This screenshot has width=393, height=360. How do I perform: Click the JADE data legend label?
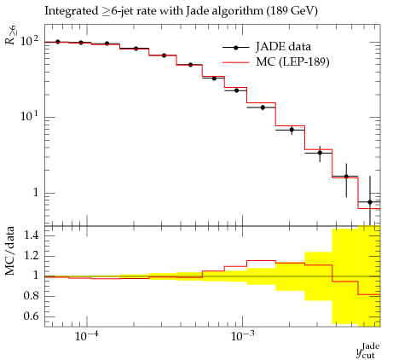click(x=283, y=46)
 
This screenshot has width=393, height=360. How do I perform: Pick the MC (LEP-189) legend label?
click(x=292, y=61)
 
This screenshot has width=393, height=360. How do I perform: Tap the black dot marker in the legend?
click(x=235, y=48)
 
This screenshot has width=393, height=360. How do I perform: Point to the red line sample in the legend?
click(x=236, y=62)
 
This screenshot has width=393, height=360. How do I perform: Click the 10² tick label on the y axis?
click(x=30, y=41)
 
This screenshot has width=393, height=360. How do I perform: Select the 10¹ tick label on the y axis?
click(x=30, y=116)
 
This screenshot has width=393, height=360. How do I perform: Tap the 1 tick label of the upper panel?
click(x=36, y=193)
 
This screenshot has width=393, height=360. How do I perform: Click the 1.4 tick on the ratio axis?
click(x=31, y=235)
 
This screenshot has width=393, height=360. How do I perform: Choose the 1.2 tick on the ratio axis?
click(x=31, y=255)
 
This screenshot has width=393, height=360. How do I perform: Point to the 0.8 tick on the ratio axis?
click(x=31, y=296)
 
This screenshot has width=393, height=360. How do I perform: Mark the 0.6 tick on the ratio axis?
click(x=31, y=316)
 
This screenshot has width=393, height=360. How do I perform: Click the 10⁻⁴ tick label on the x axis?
click(x=87, y=336)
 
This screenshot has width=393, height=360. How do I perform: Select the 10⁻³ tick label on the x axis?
click(x=242, y=336)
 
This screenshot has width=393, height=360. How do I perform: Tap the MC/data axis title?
click(x=9, y=251)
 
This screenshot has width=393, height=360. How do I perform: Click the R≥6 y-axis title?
click(x=11, y=35)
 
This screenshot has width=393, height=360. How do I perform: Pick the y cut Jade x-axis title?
click(x=368, y=351)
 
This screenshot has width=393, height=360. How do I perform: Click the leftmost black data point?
click(x=58, y=42)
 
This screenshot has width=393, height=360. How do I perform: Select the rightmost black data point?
click(x=370, y=202)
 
